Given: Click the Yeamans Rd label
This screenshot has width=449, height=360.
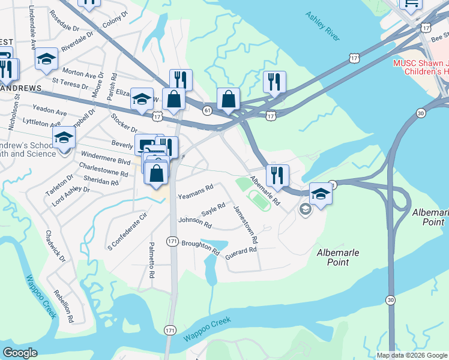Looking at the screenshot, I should point(196,191).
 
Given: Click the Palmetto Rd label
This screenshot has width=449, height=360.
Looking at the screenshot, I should point(152,259).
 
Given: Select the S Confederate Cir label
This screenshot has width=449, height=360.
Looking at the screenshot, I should point(127,231).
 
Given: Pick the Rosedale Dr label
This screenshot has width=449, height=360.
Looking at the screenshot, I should point(66,28).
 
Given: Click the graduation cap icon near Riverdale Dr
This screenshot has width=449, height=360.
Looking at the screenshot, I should point(46,59).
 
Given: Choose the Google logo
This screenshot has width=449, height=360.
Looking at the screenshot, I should point(20,353).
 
